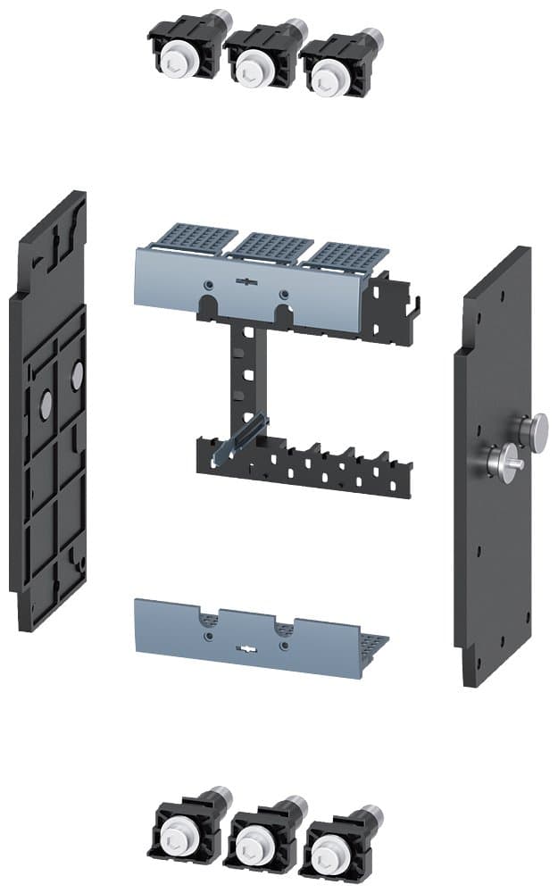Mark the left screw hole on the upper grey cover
click(x=208, y=283)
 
